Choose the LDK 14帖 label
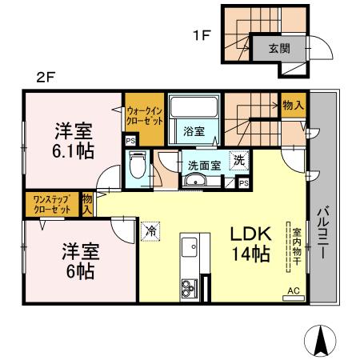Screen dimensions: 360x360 (x=251, y=243)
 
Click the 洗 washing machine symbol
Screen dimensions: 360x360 (x=238, y=160)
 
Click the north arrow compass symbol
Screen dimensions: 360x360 (x=322, y=342)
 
